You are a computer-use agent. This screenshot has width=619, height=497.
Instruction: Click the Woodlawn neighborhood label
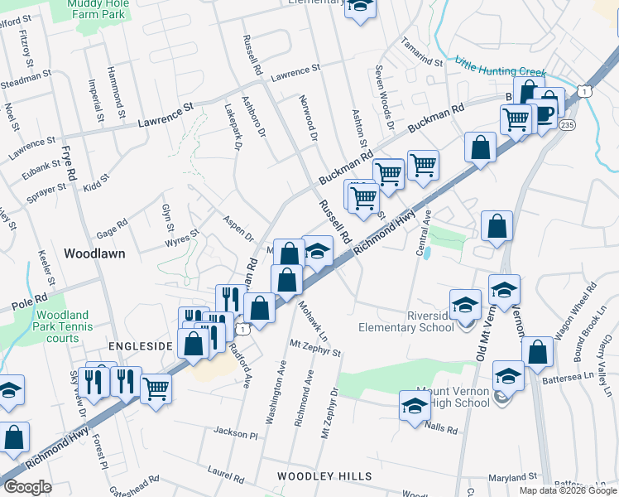[x=95, y=253]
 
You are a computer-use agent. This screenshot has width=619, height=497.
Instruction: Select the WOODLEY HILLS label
[x=318, y=476]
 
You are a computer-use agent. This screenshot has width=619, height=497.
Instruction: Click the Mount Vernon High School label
[x=449, y=396]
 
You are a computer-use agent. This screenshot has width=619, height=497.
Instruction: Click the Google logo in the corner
[x=27, y=487]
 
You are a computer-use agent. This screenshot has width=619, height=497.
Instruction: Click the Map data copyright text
[x=568, y=490]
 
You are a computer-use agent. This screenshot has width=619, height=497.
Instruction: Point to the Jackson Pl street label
[x=236, y=432]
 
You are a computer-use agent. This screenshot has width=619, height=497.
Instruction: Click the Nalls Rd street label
[x=441, y=429]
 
